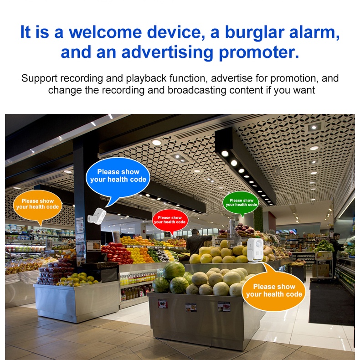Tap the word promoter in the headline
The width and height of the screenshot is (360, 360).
(259, 52)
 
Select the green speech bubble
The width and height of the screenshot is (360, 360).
(241, 203)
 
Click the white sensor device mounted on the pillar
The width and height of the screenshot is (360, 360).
(97, 216)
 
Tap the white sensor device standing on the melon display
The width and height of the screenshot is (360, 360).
(255, 250)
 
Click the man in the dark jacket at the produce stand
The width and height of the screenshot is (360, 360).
(197, 242)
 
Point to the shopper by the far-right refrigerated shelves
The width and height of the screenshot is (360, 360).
(336, 248)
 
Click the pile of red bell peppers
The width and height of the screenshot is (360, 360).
(117, 252)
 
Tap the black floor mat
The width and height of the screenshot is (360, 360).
(332, 303)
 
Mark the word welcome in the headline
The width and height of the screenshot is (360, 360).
(105, 32)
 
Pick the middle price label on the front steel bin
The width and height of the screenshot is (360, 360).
(191, 308)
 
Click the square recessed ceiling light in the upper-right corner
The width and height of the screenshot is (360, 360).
(314, 127)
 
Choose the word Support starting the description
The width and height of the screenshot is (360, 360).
(39, 79)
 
